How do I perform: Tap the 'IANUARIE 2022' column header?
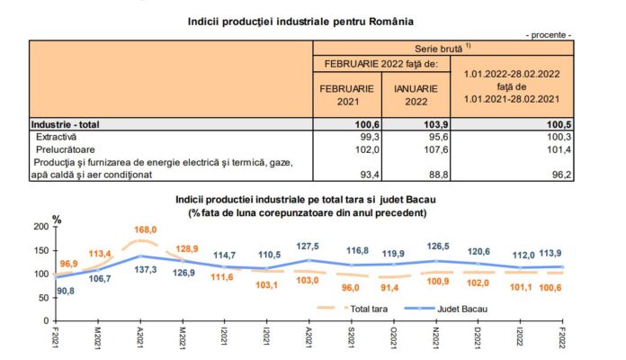[415, 95]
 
